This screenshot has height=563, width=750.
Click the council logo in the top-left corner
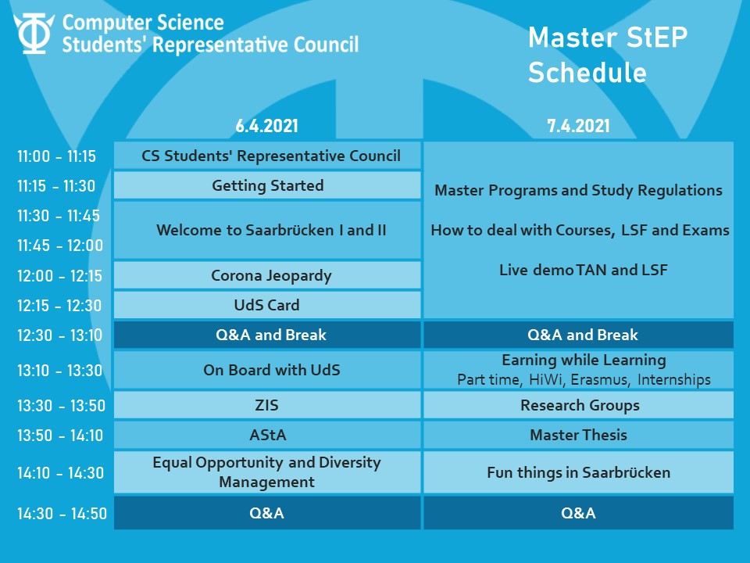tap(34, 33)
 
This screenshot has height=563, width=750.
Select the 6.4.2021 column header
tap(266, 126)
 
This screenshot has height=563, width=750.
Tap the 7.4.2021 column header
tap(578, 126)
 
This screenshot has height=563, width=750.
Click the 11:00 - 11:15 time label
tap(56, 156)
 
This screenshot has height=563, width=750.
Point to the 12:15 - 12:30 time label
tap(59, 306)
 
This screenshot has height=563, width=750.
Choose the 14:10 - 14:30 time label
tap(60, 473)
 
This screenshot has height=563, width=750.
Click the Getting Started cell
tap(267, 185)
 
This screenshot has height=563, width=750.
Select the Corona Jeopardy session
tap(267, 275)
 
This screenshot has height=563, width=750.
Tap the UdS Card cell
tap(267, 305)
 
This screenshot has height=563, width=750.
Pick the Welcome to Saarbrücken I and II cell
tap(267, 230)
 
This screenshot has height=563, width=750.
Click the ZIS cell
tap(267, 405)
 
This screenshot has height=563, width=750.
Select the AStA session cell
tap(267, 435)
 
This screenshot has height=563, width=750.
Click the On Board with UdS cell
tap(267, 370)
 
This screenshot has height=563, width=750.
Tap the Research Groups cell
tap(578, 405)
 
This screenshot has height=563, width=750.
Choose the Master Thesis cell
tap(578, 435)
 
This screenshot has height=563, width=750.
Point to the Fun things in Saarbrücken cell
tap(578, 472)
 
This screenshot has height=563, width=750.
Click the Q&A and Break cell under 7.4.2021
tap(578, 335)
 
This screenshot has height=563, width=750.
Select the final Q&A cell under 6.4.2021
tap(267, 513)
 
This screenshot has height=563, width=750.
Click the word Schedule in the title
tap(587, 73)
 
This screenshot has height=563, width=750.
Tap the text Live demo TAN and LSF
tap(583, 270)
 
